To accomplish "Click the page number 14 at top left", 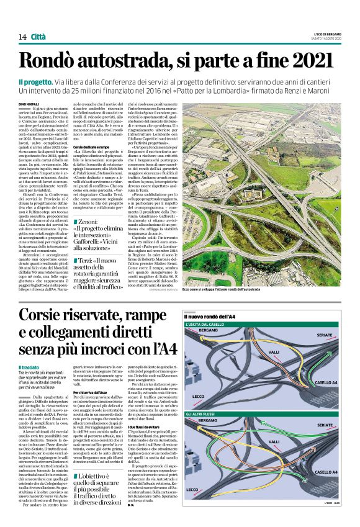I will coord(22,37).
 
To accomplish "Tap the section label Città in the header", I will coord(38,37).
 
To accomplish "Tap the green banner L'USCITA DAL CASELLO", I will coord(211,325).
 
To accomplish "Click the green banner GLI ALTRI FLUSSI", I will coord(205,413).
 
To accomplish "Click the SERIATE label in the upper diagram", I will coord(324,335).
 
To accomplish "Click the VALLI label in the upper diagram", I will coord(274,352).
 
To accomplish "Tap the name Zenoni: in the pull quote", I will coord(91,221).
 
